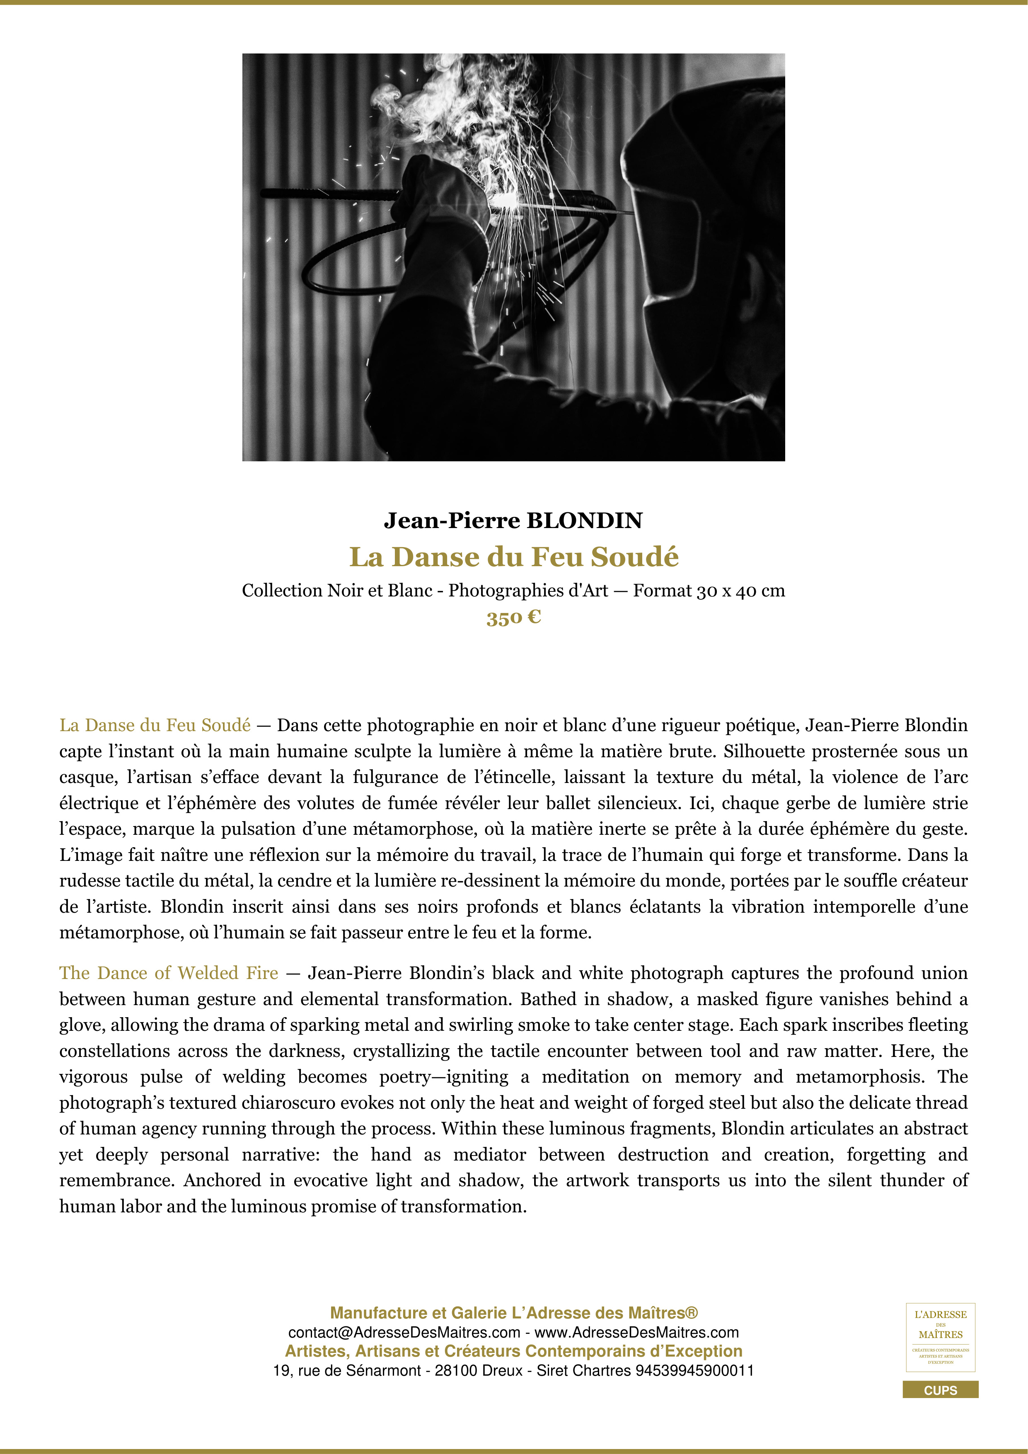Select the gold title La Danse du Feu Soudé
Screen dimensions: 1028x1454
513,557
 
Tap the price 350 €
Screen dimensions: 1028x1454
513,618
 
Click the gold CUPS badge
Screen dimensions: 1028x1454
940,1390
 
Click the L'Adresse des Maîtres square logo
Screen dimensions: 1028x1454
940,1337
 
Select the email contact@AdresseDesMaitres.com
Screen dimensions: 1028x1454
404,1333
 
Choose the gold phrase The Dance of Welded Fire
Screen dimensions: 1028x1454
168,973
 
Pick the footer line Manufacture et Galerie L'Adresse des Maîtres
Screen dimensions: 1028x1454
513,1313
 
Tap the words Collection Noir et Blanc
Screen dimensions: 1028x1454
333,591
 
